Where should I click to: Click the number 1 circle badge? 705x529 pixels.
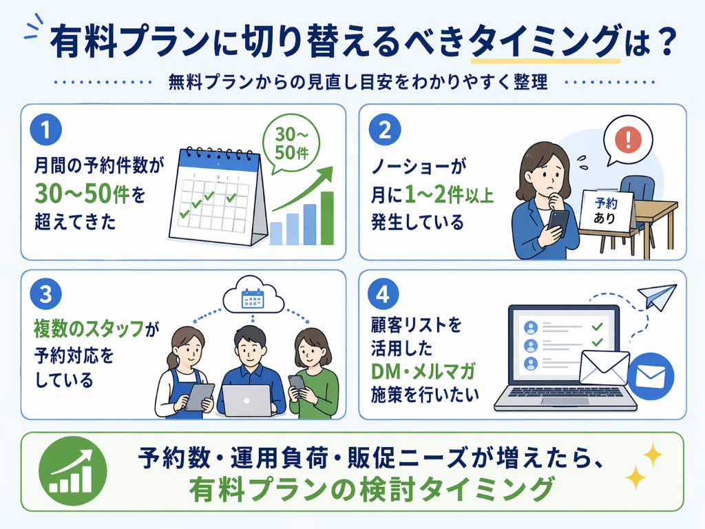point(46,129)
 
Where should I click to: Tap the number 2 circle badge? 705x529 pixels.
point(385,129)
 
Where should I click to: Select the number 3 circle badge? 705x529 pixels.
point(46,295)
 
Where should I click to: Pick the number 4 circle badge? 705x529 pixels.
point(383,295)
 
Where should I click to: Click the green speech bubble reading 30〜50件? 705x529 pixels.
point(291,144)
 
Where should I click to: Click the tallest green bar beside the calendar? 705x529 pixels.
point(327,218)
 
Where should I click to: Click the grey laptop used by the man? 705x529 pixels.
point(247,400)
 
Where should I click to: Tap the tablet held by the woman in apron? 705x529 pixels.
point(199,397)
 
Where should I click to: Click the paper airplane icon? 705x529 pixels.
point(657,296)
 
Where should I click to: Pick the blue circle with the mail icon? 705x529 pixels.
point(651,377)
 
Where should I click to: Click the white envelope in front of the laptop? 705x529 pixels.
point(604,367)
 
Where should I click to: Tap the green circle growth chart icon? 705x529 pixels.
point(73,470)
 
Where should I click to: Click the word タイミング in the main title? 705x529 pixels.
point(545,42)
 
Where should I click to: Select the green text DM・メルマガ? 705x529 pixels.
point(423,371)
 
